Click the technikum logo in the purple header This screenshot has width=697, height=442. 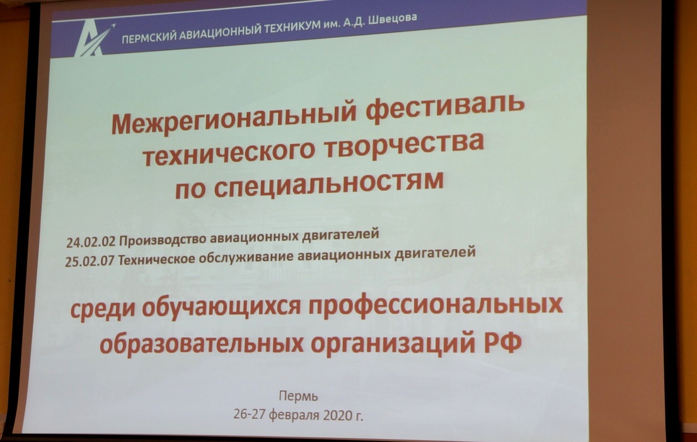point(94,40)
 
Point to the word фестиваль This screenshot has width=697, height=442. point(445,107)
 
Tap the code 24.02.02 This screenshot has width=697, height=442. point(91,242)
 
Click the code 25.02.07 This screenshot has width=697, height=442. point(89,261)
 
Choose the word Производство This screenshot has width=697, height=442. point(163,240)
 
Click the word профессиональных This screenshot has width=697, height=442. point(435,305)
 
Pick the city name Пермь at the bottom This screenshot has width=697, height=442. point(298,396)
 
